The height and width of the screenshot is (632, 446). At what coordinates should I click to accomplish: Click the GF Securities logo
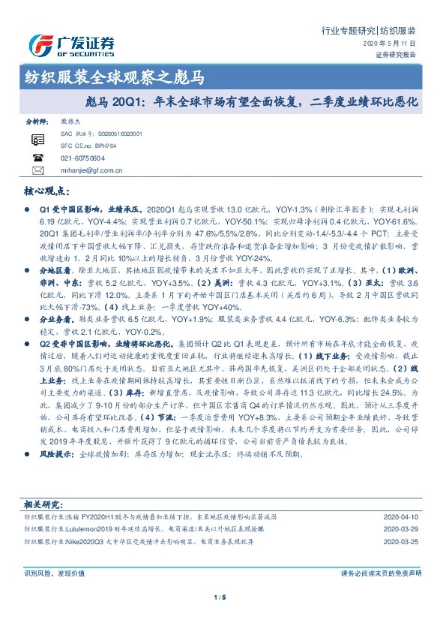pos(70,45)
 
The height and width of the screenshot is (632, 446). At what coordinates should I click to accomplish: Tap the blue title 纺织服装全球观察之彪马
pos(112,77)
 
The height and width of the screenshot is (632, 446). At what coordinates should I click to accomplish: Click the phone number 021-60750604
pos(83,158)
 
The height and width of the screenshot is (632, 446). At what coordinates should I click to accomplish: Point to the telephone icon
pos(38,158)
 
